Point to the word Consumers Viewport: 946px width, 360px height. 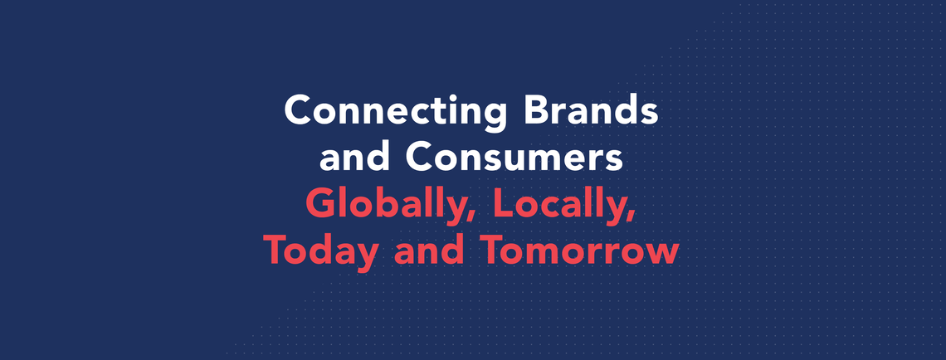[514, 158]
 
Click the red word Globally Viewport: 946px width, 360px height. [390, 204]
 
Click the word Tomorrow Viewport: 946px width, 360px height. [580, 251]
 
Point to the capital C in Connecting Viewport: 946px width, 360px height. [300, 110]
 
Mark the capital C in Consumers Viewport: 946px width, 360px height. [421, 158]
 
